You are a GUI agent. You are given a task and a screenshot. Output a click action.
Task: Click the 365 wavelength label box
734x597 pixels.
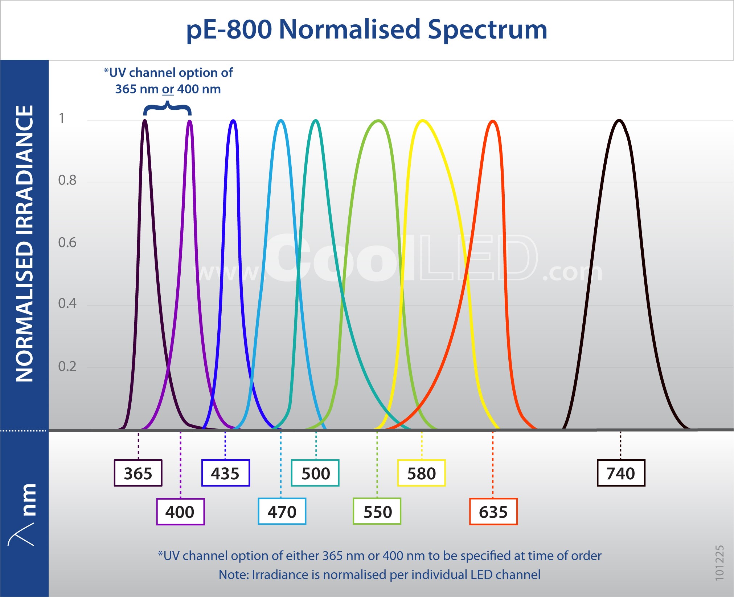(138, 473)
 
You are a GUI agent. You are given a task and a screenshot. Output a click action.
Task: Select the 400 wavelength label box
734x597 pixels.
(180, 512)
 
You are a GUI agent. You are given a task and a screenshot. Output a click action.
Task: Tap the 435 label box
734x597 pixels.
(225, 473)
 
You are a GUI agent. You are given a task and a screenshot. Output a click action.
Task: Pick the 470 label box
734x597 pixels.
(282, 512)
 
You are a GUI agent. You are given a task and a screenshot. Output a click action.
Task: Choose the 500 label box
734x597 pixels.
(315, 473)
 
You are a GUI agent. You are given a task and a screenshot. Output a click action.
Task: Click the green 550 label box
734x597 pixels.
(377, 512)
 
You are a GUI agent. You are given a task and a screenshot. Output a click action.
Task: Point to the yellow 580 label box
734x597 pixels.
(421, 473)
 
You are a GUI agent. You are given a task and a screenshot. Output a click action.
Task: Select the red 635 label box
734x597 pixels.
(493, 512)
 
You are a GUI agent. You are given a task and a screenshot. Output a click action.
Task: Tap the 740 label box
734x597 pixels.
(621, 473)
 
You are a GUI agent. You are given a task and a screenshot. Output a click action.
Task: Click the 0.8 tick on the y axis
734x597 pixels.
(67, 180)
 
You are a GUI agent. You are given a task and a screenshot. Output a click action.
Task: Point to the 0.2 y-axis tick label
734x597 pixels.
(67, 366)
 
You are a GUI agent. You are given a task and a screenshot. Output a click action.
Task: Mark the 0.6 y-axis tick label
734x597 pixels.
(67, 242)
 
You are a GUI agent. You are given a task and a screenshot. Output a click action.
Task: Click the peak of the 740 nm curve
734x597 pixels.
(619, 120)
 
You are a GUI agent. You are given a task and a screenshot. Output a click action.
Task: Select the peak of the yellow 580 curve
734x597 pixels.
(422, 120)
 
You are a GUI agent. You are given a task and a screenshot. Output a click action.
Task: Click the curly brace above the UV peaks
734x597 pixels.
(167, 108)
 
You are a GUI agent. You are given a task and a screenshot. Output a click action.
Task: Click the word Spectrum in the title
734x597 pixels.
(487, 29)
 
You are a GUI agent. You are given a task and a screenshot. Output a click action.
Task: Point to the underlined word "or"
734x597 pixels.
(168, 89)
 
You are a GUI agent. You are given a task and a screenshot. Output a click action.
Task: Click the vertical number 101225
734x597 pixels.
(719, 563)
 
